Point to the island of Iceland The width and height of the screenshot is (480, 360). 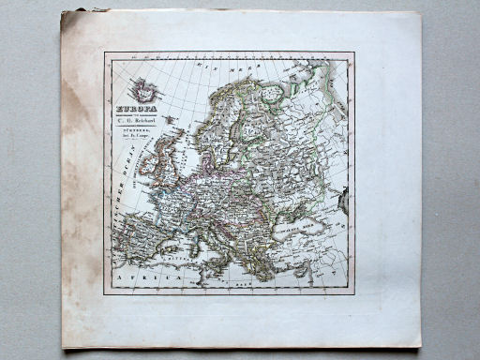click(x=143, y=91)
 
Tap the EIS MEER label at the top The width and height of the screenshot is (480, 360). click(x=218, y=67)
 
